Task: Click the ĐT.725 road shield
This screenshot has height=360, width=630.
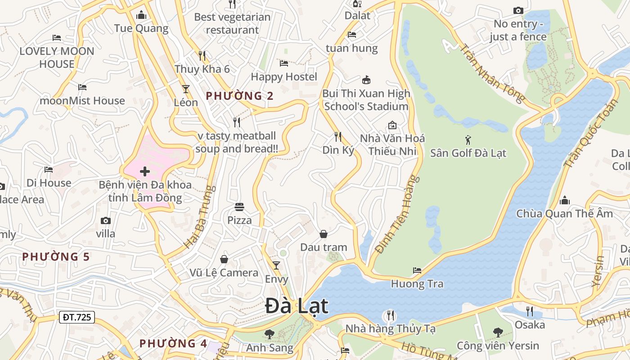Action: (77, 317)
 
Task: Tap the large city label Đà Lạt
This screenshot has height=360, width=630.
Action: (297, 306)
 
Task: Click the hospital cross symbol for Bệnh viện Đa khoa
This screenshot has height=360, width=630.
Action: (145, 171)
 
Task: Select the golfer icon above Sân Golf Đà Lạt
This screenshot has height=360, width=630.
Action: (468, 139)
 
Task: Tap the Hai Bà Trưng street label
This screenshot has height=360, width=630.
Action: (198, 217)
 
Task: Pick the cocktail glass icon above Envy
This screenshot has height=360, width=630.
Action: (276, 265)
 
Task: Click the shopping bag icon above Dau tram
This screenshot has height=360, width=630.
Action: (323, 234)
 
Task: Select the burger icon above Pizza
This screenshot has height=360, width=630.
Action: (239, 207)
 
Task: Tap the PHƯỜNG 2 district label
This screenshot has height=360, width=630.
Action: (239, 96)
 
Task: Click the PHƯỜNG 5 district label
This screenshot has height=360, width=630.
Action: (56, 257)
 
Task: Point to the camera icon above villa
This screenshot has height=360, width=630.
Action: (106, 220)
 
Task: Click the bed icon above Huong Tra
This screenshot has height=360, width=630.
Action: (417, 270)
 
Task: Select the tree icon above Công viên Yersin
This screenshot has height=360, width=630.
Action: (498, 333)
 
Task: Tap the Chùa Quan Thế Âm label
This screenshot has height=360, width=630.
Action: (564, 213)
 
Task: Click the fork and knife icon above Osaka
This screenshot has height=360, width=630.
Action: (530, 311)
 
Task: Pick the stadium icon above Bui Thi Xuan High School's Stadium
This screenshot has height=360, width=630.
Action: (366, 80)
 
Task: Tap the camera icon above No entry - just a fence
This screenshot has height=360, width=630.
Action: (518, 10)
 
